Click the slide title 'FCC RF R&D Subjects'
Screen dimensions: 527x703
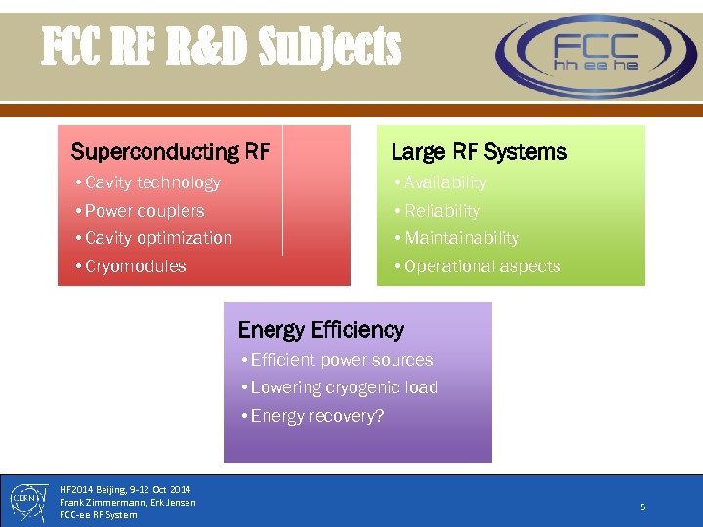coord(221,46)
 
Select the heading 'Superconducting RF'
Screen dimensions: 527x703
coord(170,152)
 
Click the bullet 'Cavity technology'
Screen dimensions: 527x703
coord(152,182)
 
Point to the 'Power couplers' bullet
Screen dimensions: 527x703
coord(145,211)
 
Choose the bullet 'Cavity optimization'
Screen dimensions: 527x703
coord(158,238)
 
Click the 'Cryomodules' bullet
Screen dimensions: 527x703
coord(135,266)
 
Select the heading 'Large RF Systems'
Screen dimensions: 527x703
coord(478,152)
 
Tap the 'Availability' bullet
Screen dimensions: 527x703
coord(445,182)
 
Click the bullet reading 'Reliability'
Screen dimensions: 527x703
coord(442,211)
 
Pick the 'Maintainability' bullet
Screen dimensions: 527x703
coord(462,238)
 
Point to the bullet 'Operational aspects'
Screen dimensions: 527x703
coord(482,266)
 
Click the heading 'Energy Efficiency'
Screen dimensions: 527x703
coord(320,330)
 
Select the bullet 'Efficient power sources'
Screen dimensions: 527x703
coord(341,360)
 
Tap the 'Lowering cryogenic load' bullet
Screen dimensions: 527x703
coord(344,387)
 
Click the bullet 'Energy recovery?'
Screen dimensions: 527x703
coord(316,416)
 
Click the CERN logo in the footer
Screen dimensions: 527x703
coord(26,500)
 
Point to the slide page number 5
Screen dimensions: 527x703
coord(642,507)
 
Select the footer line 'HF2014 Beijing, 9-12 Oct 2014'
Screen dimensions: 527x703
coord(125,489)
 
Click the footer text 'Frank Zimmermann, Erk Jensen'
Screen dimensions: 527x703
coord(127,502)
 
